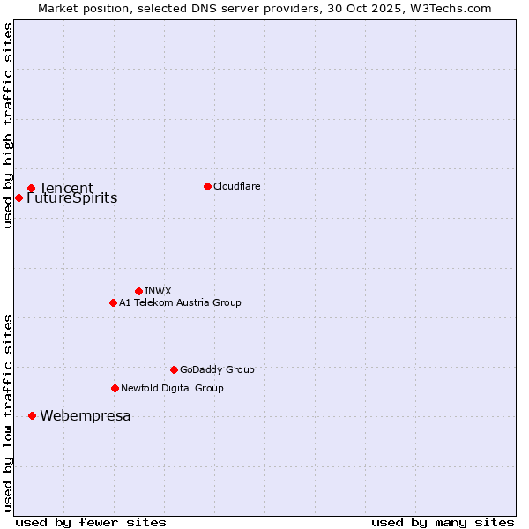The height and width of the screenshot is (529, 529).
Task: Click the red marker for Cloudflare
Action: click(207, 186)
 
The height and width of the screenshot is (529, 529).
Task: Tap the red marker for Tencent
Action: click(31, 188)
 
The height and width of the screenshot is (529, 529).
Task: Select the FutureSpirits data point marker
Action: click(19, 197)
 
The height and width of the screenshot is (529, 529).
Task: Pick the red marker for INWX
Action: click(138, 291)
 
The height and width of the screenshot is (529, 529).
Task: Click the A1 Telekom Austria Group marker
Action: click(113, 302)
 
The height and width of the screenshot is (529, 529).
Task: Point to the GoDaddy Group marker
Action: click(174, 369)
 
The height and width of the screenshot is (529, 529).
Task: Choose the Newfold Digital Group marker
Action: click(115, 388)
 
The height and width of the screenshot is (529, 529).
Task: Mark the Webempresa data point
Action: click(32, 415)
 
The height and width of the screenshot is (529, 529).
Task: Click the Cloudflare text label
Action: click(237, 186)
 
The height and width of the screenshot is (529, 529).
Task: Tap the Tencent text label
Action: click(66, 188)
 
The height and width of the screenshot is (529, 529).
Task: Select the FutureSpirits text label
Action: click(71, 198)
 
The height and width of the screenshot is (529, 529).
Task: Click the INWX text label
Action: click(158, 291)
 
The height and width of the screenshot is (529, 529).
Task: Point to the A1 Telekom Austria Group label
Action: click(180, 302)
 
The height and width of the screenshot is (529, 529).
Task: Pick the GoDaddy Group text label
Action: click(217, 369)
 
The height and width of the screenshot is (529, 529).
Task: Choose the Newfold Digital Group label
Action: click(172, 388)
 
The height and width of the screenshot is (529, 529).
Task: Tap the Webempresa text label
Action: click(86, 416)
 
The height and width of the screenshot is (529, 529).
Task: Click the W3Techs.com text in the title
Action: click(448, 8)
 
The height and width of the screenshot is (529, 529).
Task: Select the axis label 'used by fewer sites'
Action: click(91, 522)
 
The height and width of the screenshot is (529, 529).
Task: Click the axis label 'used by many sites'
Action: click(443, 522)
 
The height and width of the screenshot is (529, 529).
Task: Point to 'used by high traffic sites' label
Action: click(8, 125)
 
